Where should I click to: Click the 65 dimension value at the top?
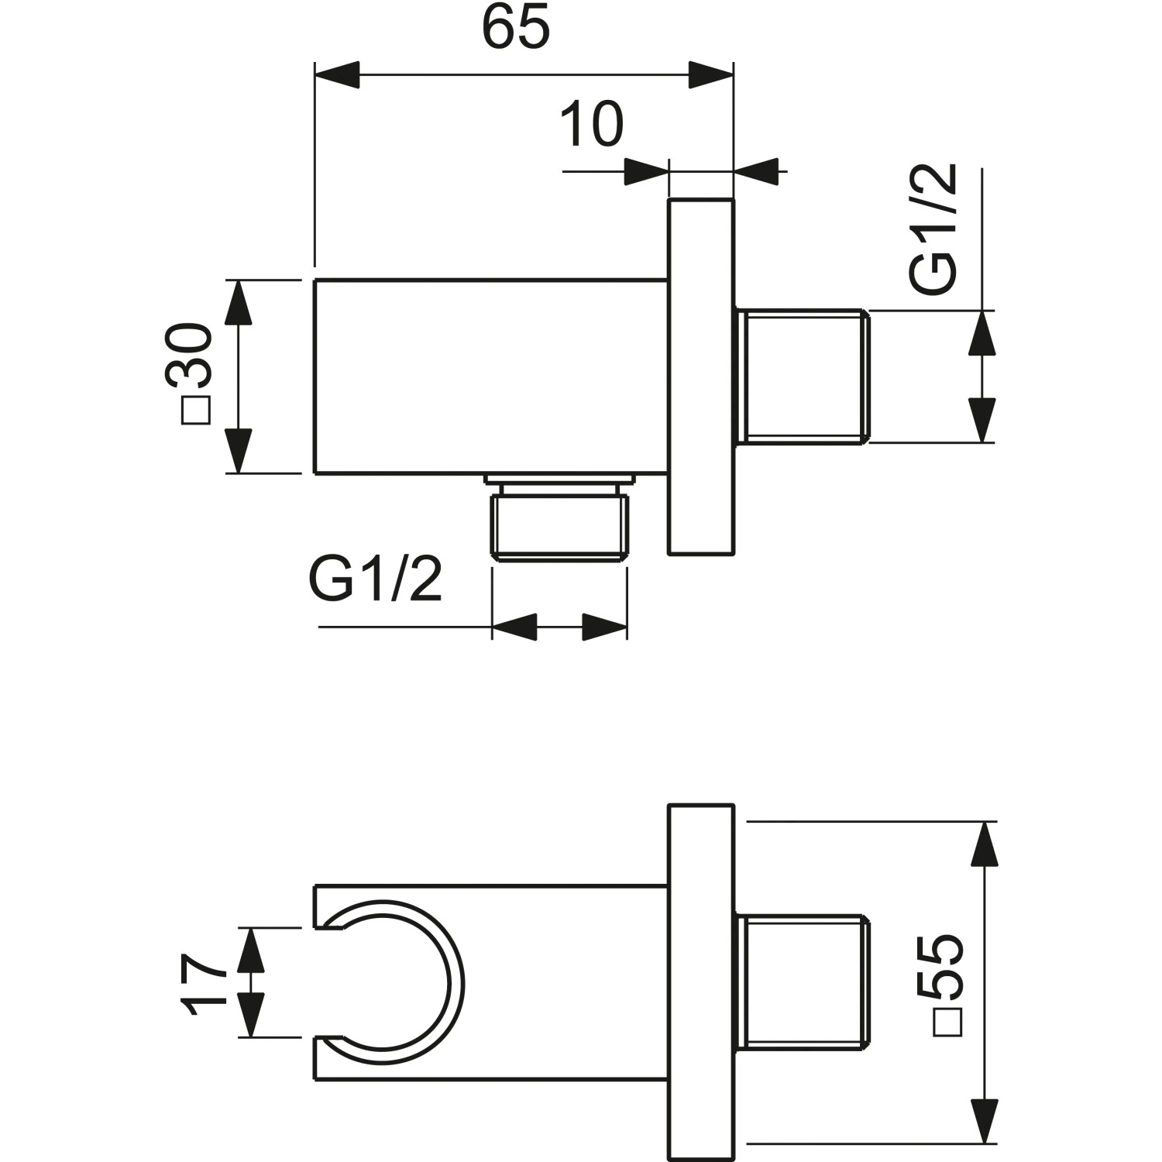[515, 27]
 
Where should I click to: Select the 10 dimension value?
[591, 124]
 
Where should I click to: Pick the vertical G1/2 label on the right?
[933, 229]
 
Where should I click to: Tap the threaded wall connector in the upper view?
[802, 377]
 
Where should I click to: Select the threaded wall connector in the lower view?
[802, 983]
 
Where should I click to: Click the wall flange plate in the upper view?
[700, 377]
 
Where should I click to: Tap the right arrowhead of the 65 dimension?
[710, 75]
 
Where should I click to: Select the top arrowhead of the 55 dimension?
[983, 844]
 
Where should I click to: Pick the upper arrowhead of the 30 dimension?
[239, 303]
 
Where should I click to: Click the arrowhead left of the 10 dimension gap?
[645, 171]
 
